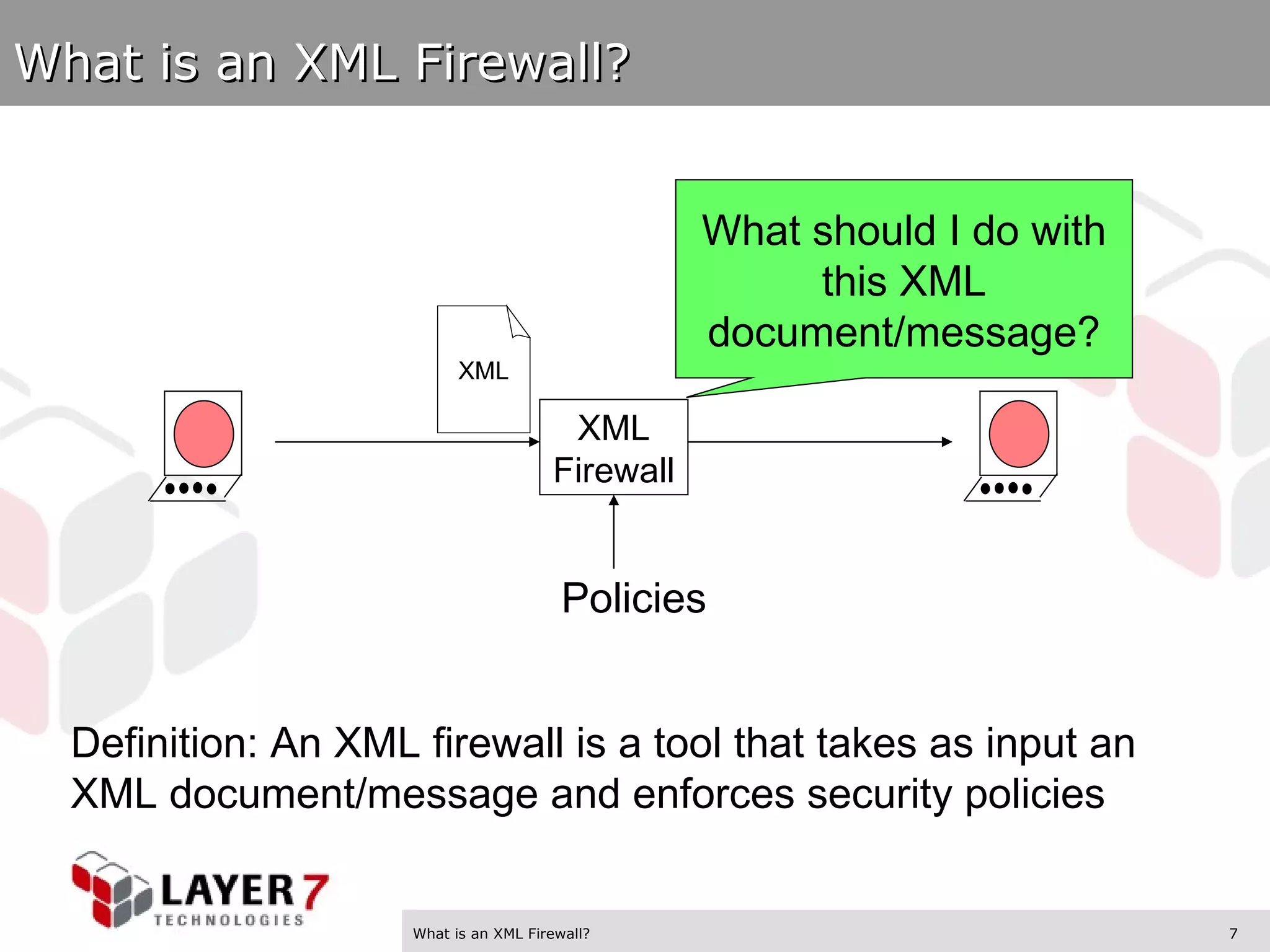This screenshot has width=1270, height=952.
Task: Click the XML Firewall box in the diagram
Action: tap(613, 447)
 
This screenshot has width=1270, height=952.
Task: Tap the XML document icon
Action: tap(483, 370)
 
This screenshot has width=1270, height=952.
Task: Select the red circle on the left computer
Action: tap(203, 433)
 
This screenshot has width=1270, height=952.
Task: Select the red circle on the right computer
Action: tap(1018, 433)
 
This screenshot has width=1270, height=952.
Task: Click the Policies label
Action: tap(633, 598)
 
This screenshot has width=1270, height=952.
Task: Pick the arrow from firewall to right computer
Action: tap(819, 442)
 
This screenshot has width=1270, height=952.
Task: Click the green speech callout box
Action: tap(904, 279)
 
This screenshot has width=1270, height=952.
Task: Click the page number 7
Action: tap(1233, 933)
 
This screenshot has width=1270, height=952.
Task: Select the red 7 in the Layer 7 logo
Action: tap(314, 891)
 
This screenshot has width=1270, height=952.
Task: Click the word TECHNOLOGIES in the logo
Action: tap(229, 920)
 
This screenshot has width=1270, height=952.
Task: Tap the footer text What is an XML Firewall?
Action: tap(501, 933)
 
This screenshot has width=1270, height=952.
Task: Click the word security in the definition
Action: tap(879, 794)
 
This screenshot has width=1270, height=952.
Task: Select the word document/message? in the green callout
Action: tap(904, 332)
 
